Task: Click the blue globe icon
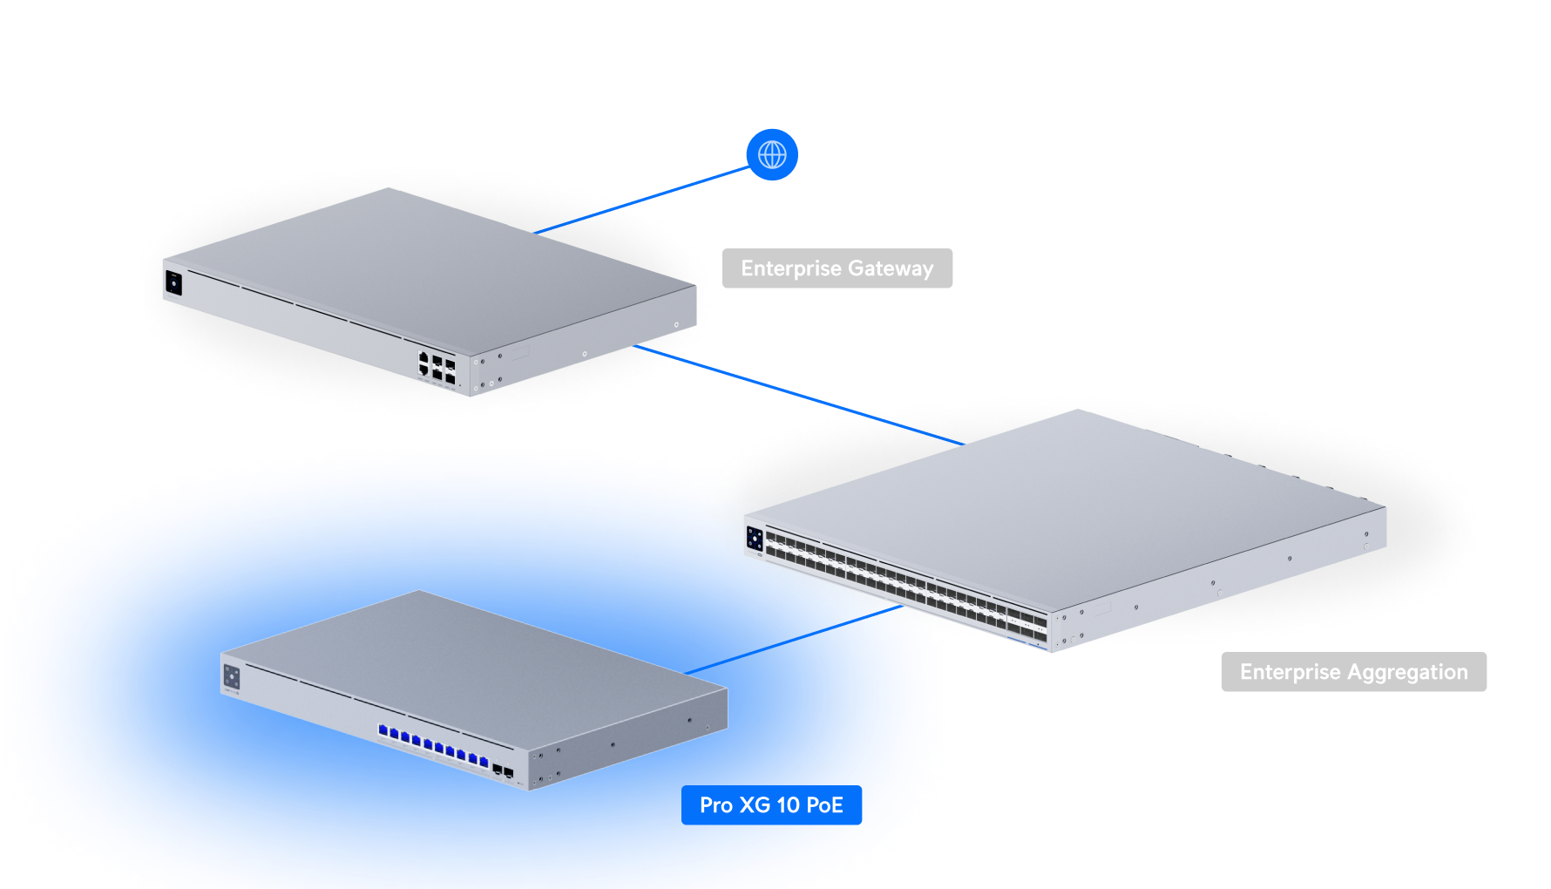coord(772,155)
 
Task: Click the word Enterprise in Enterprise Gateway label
coord(790,268)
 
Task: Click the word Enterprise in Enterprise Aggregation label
coord(1290,672)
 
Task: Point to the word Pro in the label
coord(715,804)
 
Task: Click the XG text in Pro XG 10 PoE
coord(754,804)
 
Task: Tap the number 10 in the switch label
coord(788,804)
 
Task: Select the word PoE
coord(824,804)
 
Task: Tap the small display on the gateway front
coord(173,282)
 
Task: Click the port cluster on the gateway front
coord(437,367)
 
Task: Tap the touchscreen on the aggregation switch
coord(755,539)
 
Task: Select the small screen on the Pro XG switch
coord(232,675)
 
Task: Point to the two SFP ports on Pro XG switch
coord(502,770)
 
